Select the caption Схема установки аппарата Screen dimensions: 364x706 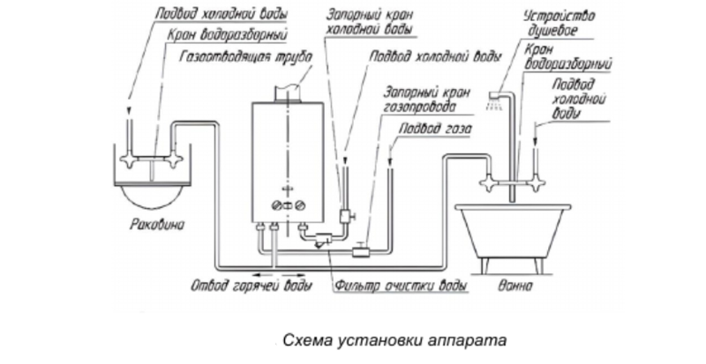pos(393,338)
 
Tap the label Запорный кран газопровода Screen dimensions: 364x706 pos(420,99)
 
